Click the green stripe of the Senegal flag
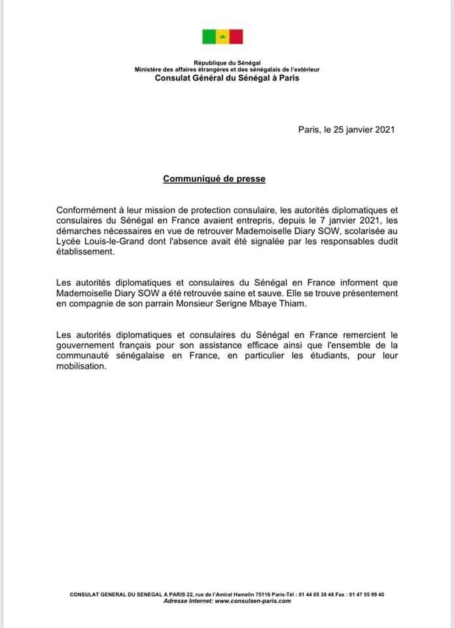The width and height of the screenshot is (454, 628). click(209, 37)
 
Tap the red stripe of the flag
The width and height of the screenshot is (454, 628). click(236, 37)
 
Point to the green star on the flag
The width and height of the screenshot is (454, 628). click(222, 37)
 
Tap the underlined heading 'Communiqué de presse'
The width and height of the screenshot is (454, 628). click(215, 178)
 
